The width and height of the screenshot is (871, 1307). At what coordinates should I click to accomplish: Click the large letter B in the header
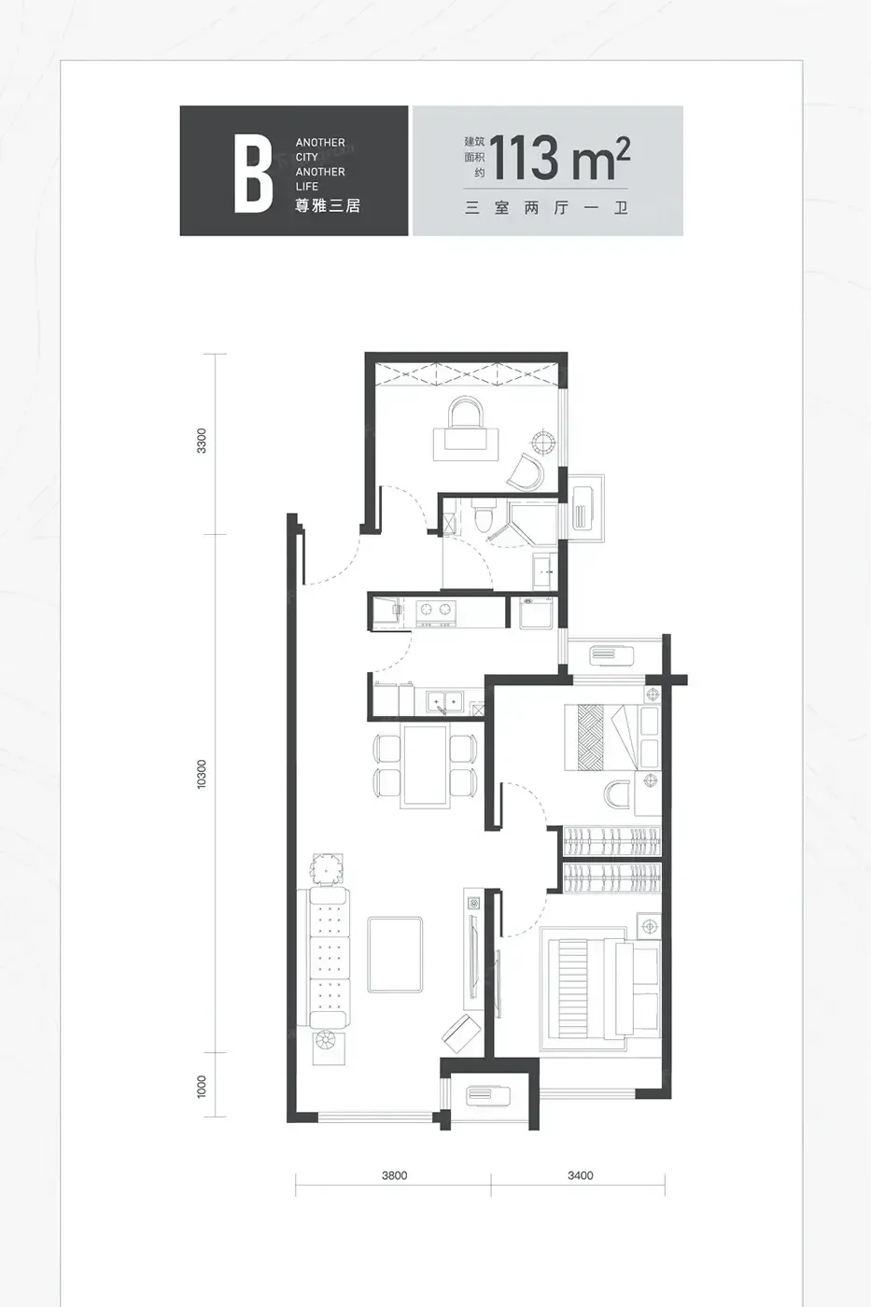pyautogui.click(x=253, y=174)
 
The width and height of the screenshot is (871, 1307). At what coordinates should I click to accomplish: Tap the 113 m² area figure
pyautogui.click(x=559, y=159)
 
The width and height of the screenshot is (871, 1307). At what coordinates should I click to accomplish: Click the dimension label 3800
pyautogui.click(x=394, y=1175)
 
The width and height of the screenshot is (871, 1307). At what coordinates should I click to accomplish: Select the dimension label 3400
pyautogui.click(x=581, y=1175)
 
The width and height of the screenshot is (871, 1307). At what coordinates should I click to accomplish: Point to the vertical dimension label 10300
pyautogui.click(x=202, y=774)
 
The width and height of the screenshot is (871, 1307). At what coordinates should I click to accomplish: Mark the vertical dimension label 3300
pyautogui.click(x=202, y=441)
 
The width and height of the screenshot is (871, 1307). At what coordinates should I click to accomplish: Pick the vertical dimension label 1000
pyautogui.click(x=202, y=1087)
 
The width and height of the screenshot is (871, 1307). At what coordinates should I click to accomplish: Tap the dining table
pyautogui.click(x=426, y=766)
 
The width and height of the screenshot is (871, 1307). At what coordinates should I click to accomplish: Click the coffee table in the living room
pyautogui.click(x=395, y=954)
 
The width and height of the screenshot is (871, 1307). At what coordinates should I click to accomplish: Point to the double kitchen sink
pyautogui.click(x=444, y=701)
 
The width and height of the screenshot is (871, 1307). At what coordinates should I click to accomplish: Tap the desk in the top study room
pyautogui.click(x=466, y=444)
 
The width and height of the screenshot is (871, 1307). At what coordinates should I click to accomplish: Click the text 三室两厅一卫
pyautogui.click(x=546, y=208)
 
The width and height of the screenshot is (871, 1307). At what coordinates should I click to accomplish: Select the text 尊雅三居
pyautogui.click(x=328, y=206)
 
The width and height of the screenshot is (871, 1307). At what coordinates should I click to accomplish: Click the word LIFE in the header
pyautogui.click(x=307, y=187)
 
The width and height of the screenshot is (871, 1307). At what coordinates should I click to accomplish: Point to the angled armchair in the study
pyautogui.click(x=527, y=472)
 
